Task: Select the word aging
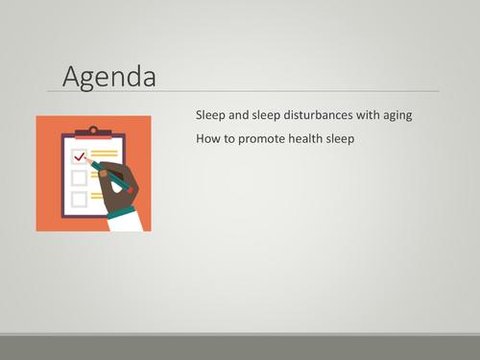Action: (395, 115)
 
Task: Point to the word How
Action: (207, 138)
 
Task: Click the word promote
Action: (267, 139)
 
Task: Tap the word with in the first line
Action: (364, 114)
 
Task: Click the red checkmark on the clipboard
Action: (79, 156)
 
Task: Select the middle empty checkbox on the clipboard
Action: (79, 178)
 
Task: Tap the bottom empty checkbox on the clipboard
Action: (79, 199)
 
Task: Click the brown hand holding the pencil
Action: (116, 182)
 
